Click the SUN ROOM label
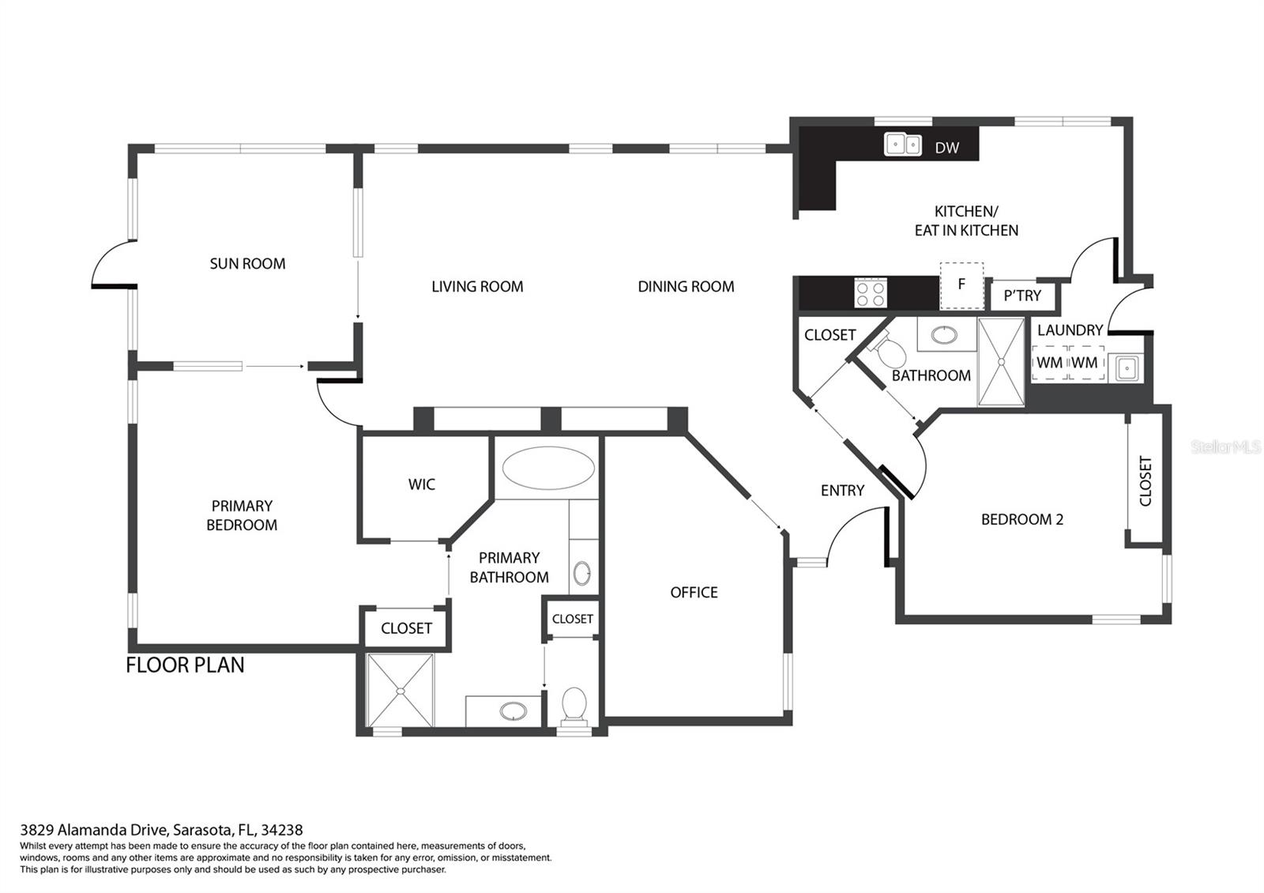(247, 264)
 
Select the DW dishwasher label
(946, 148)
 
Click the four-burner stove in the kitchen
(871, 294)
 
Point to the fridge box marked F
(961, 284)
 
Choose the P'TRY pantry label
(1022, 296)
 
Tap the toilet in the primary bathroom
(574, 706)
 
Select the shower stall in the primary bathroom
(401, 690)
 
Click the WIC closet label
(421, 484)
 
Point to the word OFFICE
(694, 593)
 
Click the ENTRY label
(842, 491)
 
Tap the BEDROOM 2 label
(1021, 519)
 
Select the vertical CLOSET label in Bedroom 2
(1145, 481)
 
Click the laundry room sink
(1126, 367)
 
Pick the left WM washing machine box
(1049, 363)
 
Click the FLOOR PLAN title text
(185, 665)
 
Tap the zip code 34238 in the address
(284, 830)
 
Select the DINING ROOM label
(686, 287)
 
